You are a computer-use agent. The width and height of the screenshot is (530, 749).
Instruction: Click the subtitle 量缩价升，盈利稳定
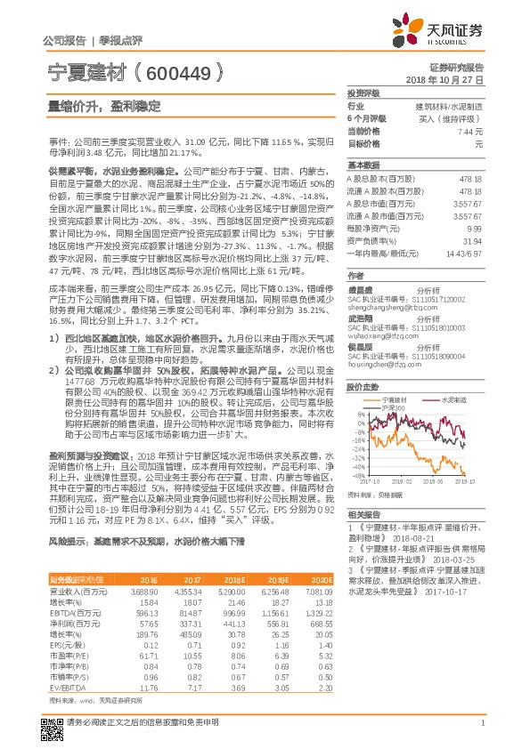[104, 105]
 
